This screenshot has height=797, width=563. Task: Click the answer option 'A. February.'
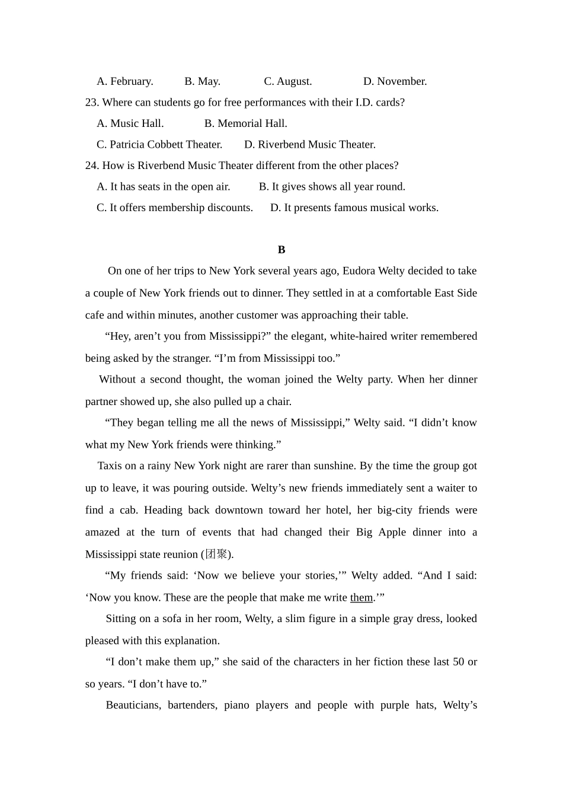tap(124, 81)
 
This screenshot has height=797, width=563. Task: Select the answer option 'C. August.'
tap(287, 81)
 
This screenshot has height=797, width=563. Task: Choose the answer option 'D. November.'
tap(395, 81)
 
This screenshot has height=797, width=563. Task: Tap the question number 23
tap(91, 103)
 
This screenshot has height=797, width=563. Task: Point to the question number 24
tap(91, 165)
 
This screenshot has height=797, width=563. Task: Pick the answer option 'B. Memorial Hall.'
tap(245, 123)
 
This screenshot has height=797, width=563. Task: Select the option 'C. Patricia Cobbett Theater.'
tap(159, 145)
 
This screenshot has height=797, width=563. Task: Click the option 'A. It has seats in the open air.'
tap(163, 187)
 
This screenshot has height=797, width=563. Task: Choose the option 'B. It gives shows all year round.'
tap(332, 187)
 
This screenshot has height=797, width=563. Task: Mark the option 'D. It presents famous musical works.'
tap(354, 208)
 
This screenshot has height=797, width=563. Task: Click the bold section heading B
tap(281, 250)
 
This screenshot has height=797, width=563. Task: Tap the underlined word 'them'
tap(362, 598)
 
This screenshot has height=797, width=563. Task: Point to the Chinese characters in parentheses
tap(216, 554)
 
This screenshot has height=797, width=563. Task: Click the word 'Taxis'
tap(110, 466)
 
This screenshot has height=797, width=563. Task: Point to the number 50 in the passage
tap(458, 662)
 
